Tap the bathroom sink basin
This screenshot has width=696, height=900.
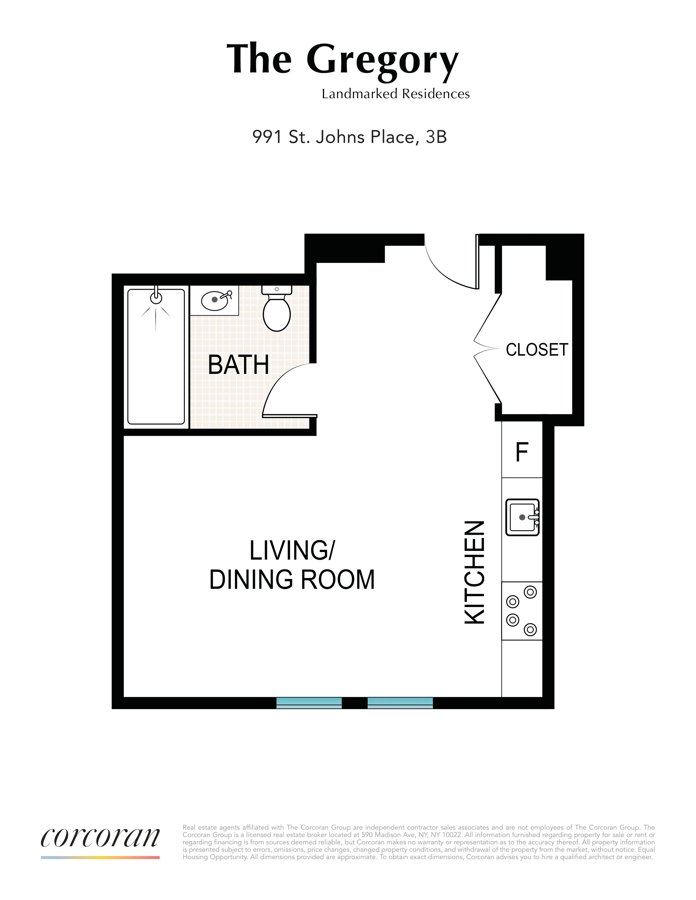coord(215,301)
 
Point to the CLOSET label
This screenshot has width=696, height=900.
coord(537,350)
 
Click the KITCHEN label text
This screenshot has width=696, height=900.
coord(475,572)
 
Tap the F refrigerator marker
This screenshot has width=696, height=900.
coord(522,452)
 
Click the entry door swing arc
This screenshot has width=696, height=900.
coord(445,274)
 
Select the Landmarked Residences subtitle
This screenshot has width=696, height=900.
coord(395,94)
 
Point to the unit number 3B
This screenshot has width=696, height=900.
coord(436,137)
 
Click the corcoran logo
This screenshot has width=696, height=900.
coord(100,837)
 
